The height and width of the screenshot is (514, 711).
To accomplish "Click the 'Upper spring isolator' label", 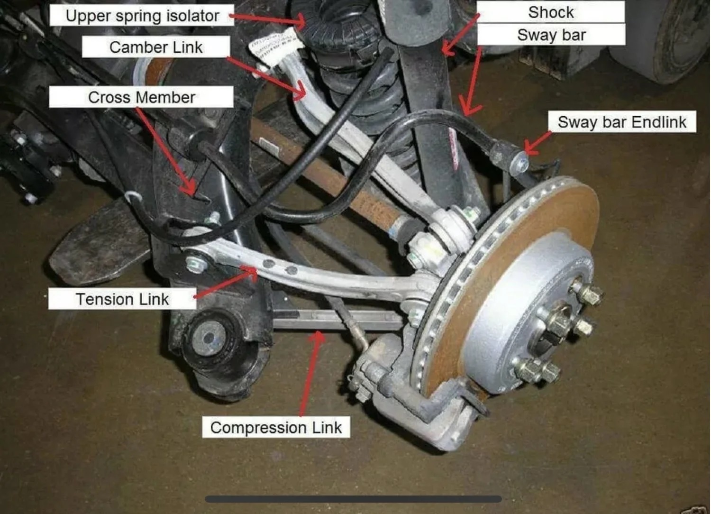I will point(142,16).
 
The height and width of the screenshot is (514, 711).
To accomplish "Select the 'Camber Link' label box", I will point(155,47).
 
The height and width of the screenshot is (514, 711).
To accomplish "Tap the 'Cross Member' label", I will point(141,97).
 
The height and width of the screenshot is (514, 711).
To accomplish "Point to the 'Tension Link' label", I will point(122,299).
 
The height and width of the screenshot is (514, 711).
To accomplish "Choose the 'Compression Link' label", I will point(276,427).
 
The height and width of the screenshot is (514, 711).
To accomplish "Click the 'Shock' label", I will point(551,12).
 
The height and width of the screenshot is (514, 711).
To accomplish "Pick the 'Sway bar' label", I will point(551,35).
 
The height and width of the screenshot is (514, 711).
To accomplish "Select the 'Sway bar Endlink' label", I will point(622,122).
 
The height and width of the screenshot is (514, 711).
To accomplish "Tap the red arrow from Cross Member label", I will point(166,152).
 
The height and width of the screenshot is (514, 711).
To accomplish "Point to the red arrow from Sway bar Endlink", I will point(537,143).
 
